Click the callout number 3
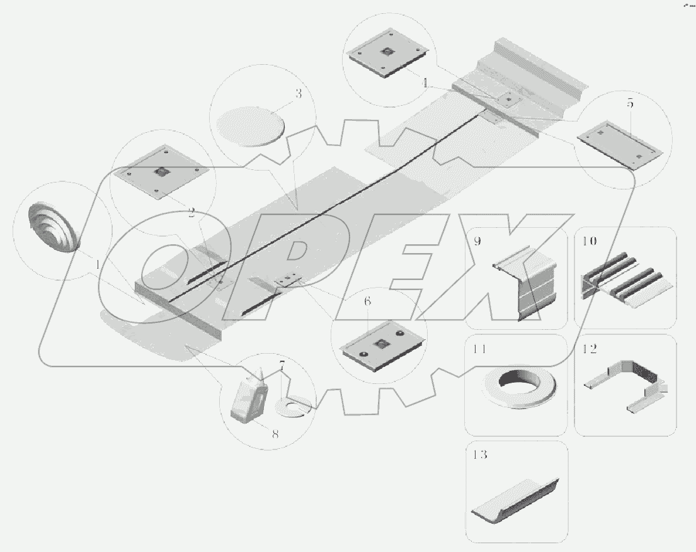pos(299,94)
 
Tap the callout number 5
pos(630,104)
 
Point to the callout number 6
pos(368,301)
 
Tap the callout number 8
pos(275,434)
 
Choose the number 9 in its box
pos(477,242)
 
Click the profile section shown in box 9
pos(524,283)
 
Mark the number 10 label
pos(590,242)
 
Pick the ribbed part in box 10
pos(626,284)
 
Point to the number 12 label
pos(590,349)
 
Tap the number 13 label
pos(480,455)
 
